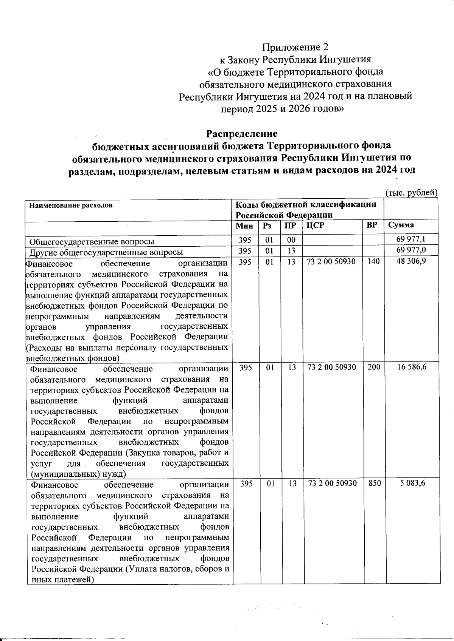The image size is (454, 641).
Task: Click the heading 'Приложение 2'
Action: (295, 47)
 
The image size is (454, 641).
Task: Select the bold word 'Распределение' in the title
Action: (241, 134)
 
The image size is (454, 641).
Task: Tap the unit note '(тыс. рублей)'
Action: (411, 192)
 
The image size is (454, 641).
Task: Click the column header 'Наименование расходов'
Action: (71, 206)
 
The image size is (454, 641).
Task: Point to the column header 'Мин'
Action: (244, 226)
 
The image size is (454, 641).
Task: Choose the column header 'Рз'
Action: (267, 226)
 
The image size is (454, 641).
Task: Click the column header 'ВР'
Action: (372, 226)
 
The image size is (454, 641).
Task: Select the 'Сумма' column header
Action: (401, 226)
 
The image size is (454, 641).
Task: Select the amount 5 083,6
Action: (413, 483)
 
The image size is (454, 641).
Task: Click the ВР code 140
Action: (373, 261)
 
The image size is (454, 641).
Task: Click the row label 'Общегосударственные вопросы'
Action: (92, 241)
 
